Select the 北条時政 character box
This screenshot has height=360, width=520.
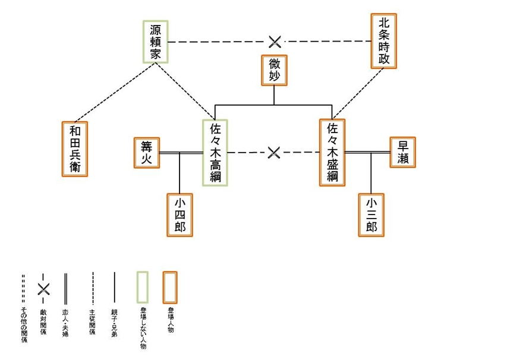383,40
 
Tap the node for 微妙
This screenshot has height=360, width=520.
274,70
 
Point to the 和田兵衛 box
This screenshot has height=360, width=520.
75,149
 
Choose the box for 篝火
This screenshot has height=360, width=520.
146,153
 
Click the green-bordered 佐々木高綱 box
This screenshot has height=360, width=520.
215,153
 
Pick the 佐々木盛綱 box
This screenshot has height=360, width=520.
332,153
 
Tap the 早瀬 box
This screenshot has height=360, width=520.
402,152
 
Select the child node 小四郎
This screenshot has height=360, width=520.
179,215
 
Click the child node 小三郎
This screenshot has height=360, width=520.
371,215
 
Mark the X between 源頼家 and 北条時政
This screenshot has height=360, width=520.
275,42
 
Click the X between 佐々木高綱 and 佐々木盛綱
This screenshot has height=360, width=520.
273,153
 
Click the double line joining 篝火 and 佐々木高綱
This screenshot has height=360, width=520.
181,153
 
